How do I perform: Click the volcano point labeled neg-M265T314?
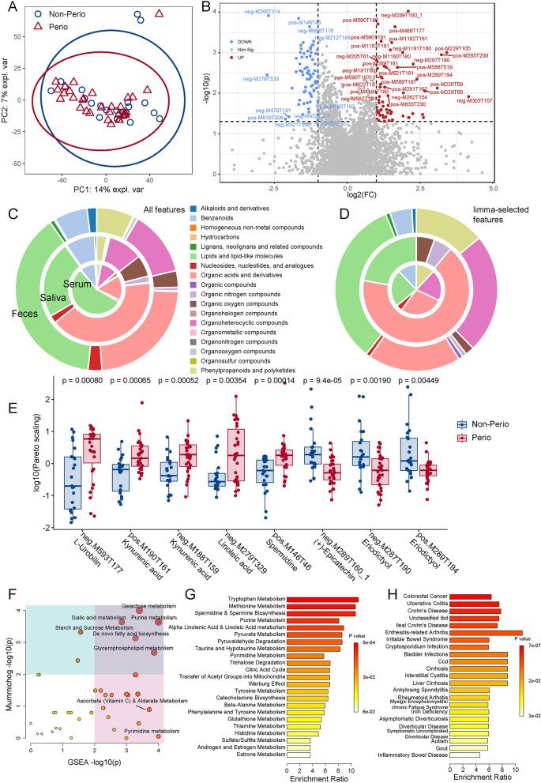coord(269,16)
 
